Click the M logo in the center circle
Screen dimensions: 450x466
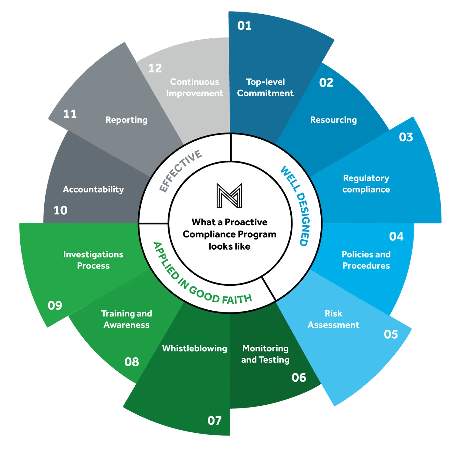point(229,196)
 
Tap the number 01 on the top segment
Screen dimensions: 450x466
point(244,26)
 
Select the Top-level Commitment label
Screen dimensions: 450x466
point(265,87)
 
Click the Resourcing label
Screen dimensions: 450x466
point(333,120)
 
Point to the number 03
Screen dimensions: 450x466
point(406,137)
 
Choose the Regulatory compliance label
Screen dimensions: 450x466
point(366,184)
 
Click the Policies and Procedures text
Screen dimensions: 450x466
point(366,260)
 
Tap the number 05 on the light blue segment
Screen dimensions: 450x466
point(391,334)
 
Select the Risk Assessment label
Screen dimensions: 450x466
point(333,319)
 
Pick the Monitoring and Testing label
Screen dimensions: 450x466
point(265,354)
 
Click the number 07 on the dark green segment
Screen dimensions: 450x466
point(214,421)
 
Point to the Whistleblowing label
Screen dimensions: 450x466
point(194,348)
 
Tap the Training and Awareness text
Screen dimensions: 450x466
point(127,319)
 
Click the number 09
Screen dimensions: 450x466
point(55,305)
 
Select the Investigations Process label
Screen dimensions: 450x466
point(93,260)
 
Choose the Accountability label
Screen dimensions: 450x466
point(93,189)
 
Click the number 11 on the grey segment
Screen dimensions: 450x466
point(70,114)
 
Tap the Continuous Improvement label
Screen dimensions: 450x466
point(194,87)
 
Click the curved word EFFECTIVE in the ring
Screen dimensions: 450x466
point(180,171)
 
